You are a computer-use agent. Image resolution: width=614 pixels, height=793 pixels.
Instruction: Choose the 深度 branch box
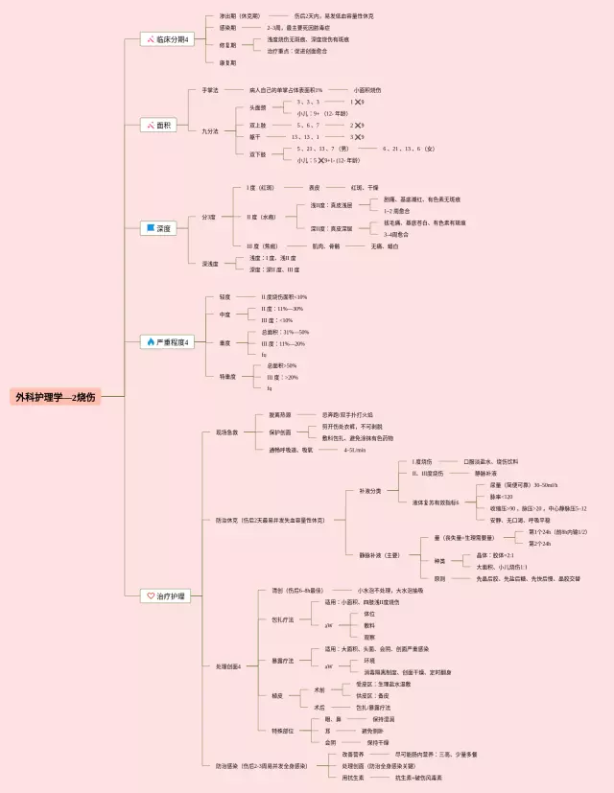pos(160,228)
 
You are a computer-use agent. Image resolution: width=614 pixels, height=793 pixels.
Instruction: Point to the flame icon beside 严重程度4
pos(150,341)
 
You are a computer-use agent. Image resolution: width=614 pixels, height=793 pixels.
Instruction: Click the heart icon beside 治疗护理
pos(150,595)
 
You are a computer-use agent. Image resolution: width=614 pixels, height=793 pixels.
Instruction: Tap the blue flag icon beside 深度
pos(150,228)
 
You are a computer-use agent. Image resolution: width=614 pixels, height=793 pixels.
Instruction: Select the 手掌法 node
pos(210,89)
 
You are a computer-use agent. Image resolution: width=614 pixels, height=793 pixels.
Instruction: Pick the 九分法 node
pos(210,131)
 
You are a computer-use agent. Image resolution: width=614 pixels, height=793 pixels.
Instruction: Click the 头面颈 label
pos(257,107)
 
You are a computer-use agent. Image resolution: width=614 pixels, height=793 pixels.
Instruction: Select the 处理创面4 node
pos(229,665)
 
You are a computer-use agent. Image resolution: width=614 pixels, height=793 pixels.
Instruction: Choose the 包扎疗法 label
pos(282,619)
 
